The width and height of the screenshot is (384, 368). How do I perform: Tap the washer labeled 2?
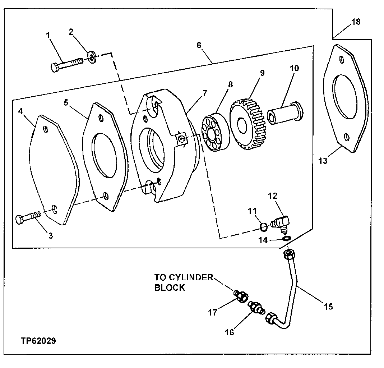click(x=92, y=57)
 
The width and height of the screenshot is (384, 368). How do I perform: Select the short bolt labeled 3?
click(x=27, y=217)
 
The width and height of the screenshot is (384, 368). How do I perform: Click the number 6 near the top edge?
click(x=199, y=45)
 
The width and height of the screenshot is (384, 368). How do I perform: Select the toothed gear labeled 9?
click(x=248, y=124)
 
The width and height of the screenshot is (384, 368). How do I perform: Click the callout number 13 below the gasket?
click(x=323, y=161)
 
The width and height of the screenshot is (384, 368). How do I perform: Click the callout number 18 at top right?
click(x=356, y=22)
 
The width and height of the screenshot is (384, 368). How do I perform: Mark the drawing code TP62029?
click(x=36, y=340)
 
